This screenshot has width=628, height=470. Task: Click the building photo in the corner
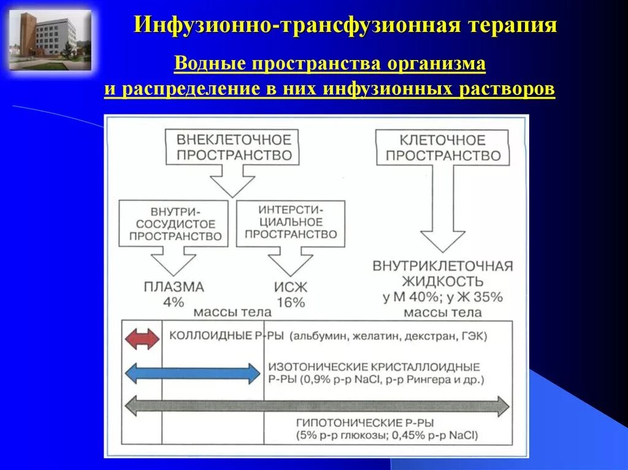coord(50,40)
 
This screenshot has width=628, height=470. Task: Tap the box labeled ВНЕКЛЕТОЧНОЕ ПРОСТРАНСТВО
coord(234,147)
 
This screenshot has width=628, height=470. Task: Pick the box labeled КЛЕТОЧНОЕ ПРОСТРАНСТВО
coord(442,148)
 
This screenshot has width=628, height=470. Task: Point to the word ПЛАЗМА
coord(174,287)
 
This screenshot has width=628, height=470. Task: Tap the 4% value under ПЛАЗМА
coord(174,301)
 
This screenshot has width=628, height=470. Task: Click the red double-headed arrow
coord(142,339)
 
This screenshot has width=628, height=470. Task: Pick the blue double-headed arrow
coord(193,373)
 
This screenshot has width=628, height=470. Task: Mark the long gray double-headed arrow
coord(316,406)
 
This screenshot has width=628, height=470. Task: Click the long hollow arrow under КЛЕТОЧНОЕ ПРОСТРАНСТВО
coord(442,208)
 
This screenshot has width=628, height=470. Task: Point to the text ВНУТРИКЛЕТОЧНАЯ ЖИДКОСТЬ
coord(442,274)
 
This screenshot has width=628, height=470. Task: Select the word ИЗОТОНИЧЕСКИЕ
coord(316,366)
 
